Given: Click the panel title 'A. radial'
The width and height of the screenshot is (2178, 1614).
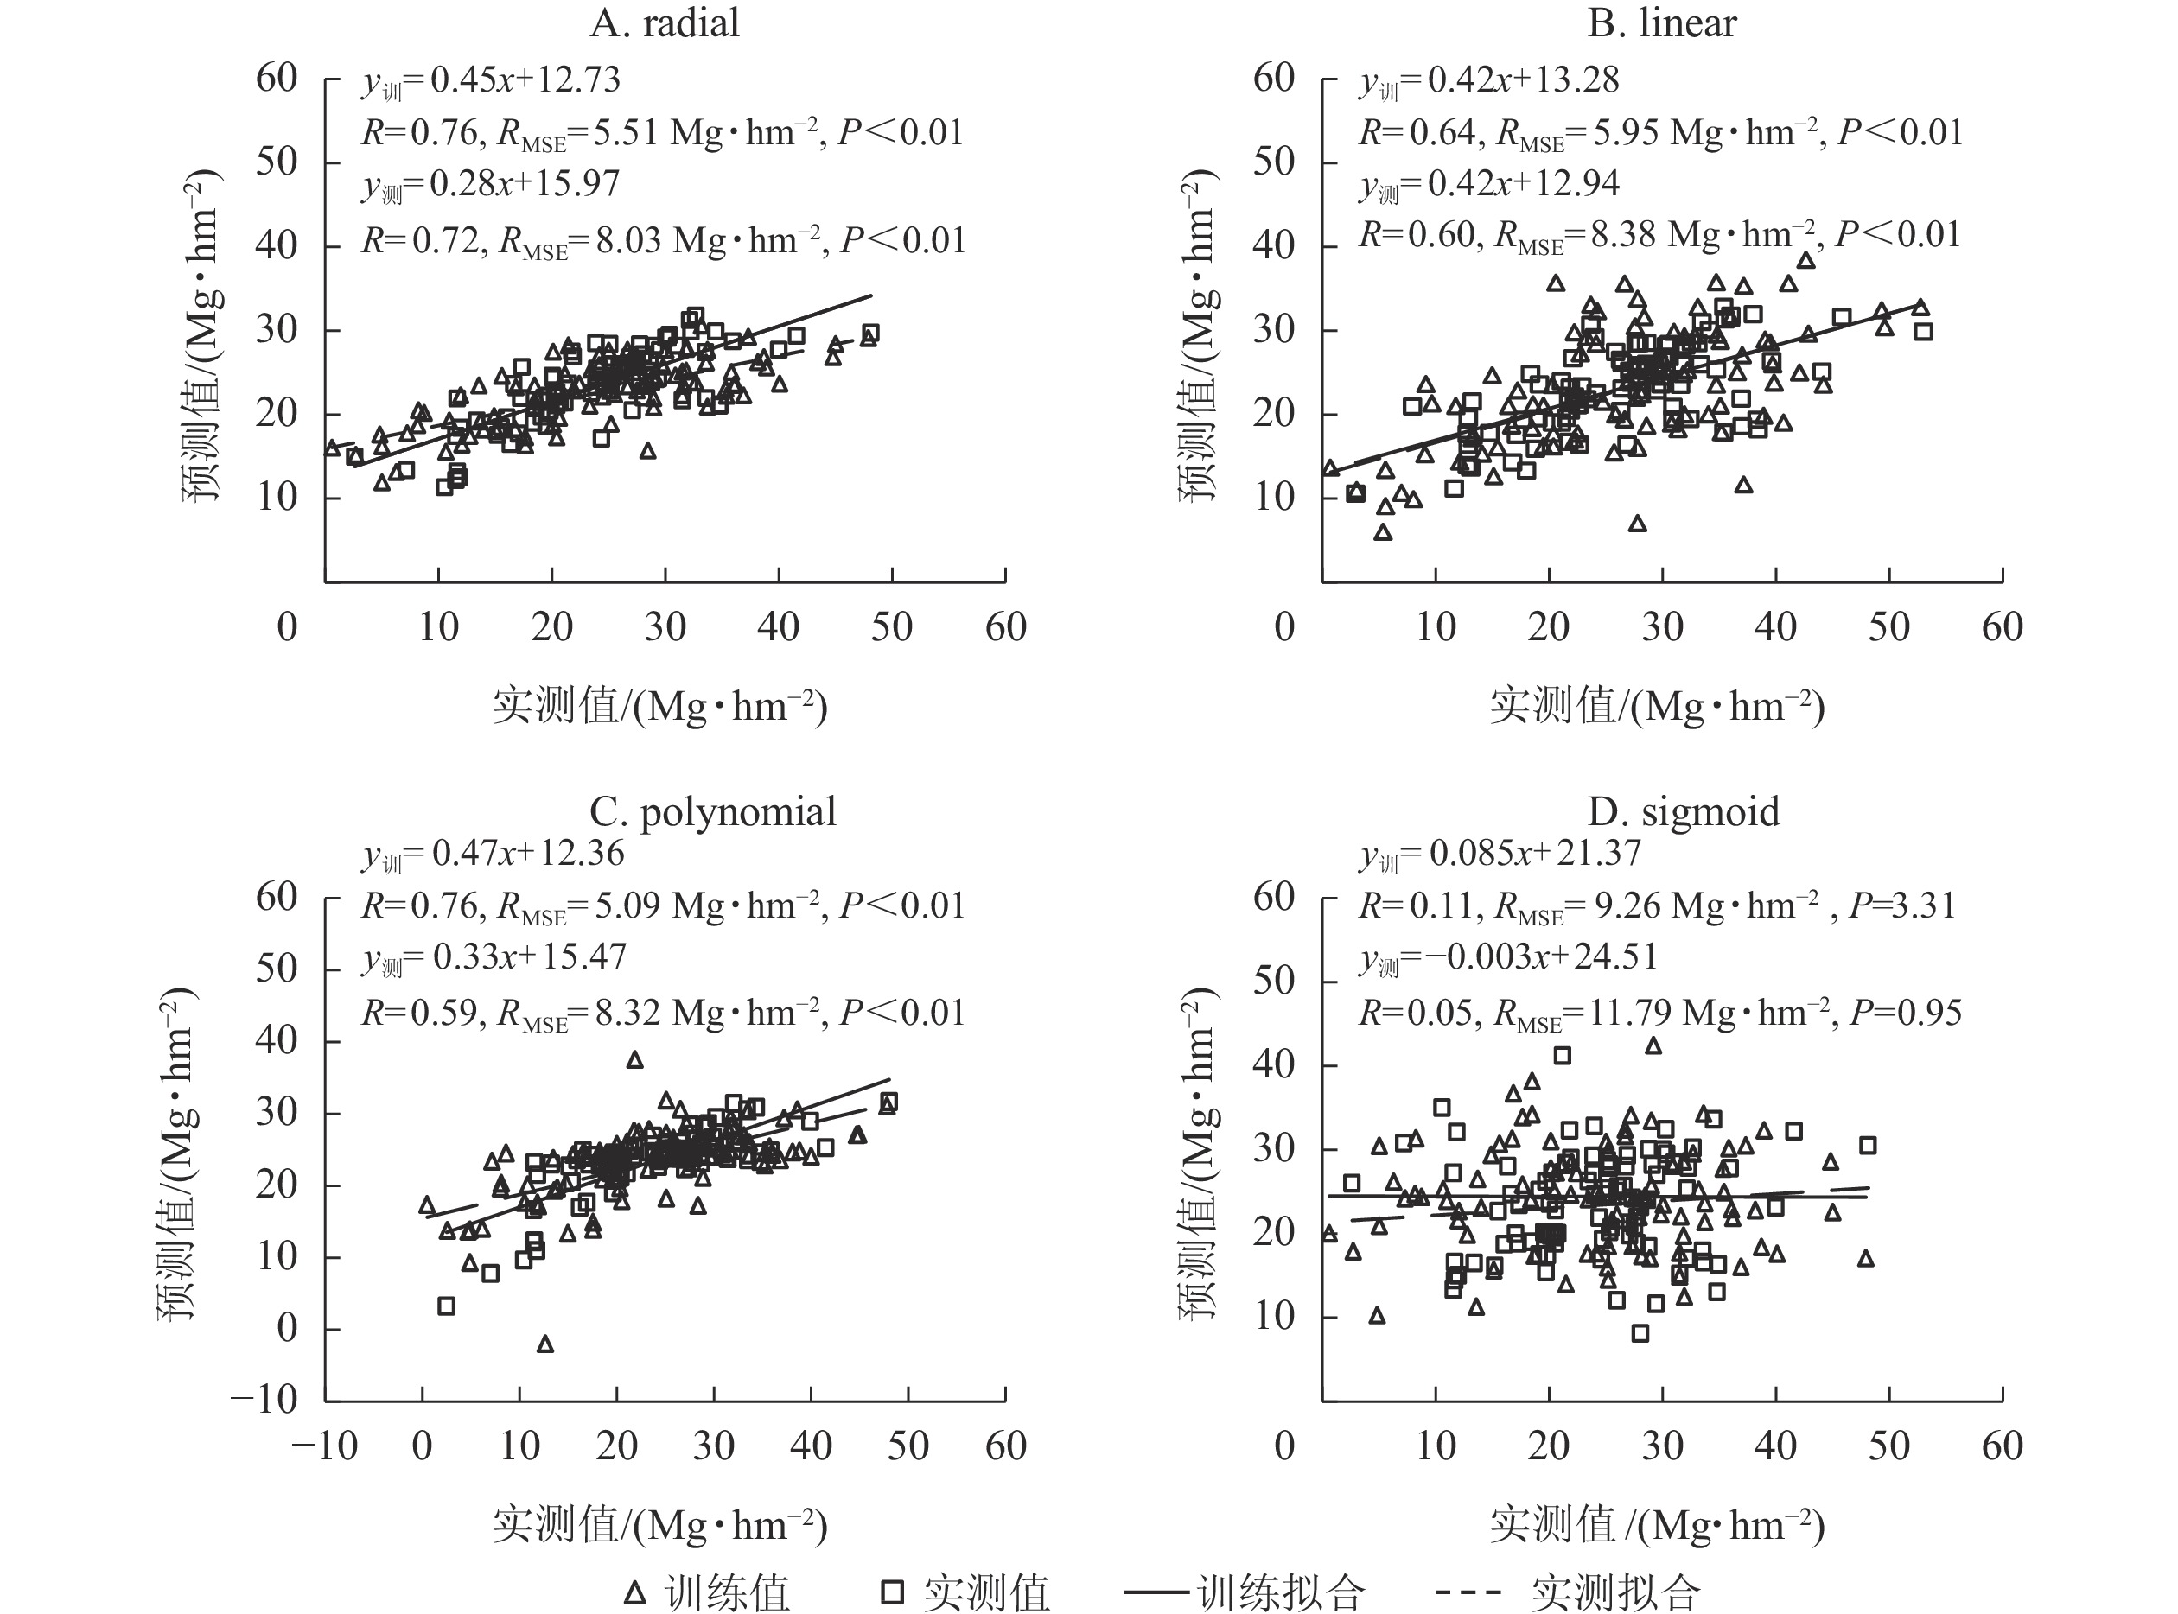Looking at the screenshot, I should [x=665, y=23].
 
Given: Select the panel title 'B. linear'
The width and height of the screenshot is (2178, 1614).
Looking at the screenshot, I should [x=1662, y=23].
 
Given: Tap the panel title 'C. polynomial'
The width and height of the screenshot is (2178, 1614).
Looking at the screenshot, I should [x=712, y=812].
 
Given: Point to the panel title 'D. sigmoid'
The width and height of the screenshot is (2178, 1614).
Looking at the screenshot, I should [x=1684, y=812].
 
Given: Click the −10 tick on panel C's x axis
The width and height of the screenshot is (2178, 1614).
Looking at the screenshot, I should [x=324, y=1446].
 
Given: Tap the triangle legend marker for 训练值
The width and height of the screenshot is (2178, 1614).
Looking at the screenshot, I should [x=635, y=1593].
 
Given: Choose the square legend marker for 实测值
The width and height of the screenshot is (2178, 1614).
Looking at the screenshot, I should [x=892, y=1593].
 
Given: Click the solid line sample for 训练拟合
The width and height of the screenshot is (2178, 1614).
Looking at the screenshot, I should [x=1159, y=1593].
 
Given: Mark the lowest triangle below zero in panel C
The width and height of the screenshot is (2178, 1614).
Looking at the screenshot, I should [x=545, y=1344].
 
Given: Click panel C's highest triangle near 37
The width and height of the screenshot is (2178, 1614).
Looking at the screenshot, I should [x=635, y=1060].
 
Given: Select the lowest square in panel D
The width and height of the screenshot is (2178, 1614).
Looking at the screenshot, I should [x=1640, y=1333].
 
